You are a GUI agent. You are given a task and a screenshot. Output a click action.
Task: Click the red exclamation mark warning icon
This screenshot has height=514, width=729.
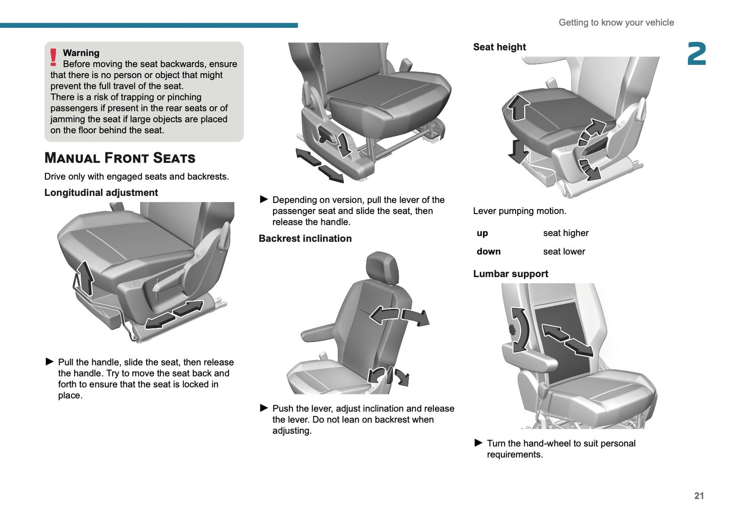click(x=53, y=57)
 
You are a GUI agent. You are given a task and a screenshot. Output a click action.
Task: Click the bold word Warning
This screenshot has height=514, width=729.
click(x=81, y=53)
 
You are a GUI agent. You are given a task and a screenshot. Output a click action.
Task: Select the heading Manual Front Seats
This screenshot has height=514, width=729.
click(x=120, y=158)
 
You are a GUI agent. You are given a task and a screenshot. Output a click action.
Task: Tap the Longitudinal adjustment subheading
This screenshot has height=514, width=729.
click(x=101, y=192)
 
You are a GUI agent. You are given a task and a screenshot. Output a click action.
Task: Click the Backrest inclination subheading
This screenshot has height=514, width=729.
click(x=305, y=238)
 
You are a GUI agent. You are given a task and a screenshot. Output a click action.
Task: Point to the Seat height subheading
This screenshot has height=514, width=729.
click(x=499, y=47)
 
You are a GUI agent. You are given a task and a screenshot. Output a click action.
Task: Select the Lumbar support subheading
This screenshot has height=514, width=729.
click(x=511, y=274)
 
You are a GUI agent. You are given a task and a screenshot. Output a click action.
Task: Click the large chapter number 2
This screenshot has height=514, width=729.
click(x=697, y=54)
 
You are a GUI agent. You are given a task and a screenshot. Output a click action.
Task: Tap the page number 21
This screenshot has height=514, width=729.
click(x=699, y=496)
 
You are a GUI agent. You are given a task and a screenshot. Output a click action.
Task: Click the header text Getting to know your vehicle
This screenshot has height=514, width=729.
click(x=616, y=23)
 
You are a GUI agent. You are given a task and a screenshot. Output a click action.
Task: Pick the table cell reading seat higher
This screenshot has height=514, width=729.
click(x=566, y=233)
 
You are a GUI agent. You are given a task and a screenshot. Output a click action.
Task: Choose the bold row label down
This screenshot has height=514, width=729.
click(x=488, y=251)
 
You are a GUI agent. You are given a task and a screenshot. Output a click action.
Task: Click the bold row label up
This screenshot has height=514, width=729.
click(x=482, y=233)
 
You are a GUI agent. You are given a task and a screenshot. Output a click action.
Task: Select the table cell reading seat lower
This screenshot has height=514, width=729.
click(x=564, y=251)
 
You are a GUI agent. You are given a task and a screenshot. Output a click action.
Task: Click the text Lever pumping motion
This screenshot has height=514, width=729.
click(x=520, y=211)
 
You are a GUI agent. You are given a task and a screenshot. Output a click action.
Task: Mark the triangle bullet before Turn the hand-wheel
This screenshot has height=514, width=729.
click(x=478, y=443)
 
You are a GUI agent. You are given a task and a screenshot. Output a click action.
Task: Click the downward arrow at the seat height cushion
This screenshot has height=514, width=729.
click(x=518, y=151)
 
